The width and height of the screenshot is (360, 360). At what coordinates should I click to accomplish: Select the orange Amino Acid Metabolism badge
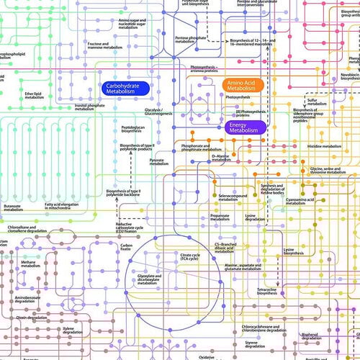[243, 84]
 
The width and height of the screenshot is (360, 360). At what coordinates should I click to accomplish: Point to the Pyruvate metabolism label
[158, 161]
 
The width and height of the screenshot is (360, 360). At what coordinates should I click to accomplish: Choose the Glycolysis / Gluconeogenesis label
[157, 112]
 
